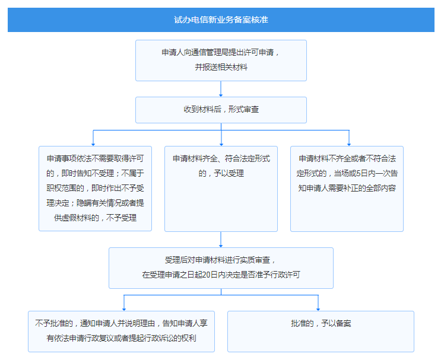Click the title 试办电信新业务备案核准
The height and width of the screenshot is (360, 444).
pos(221,20)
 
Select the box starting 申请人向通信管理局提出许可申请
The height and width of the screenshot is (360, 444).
pos(221,60)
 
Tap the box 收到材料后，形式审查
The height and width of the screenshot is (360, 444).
pos(221,110)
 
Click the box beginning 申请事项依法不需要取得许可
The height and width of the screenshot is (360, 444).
pos(95,189)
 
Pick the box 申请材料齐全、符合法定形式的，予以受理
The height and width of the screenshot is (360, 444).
pos(221,189)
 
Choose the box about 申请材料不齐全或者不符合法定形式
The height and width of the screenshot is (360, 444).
pos(347,189)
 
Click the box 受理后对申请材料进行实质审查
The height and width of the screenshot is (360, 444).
pos(221,268)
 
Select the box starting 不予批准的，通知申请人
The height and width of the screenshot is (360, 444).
pos(121,332)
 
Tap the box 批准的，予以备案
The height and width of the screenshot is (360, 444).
pos(321,332)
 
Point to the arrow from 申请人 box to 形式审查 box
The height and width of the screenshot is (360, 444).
pos(221,89)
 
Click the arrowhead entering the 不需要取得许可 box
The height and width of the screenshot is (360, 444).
pos(93,144)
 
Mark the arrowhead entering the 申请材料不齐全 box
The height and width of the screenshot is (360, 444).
pos(349,144)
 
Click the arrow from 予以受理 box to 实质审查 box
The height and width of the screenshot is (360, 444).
pos(221,240)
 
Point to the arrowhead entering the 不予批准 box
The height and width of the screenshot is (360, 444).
pos(123,310)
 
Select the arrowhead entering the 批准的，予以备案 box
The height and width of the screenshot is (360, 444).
pos(318,310)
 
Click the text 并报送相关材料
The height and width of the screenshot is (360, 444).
pos(221,68)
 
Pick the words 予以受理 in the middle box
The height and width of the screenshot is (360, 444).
pos(229,173)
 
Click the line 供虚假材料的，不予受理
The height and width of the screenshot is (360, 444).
pos(95,218)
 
